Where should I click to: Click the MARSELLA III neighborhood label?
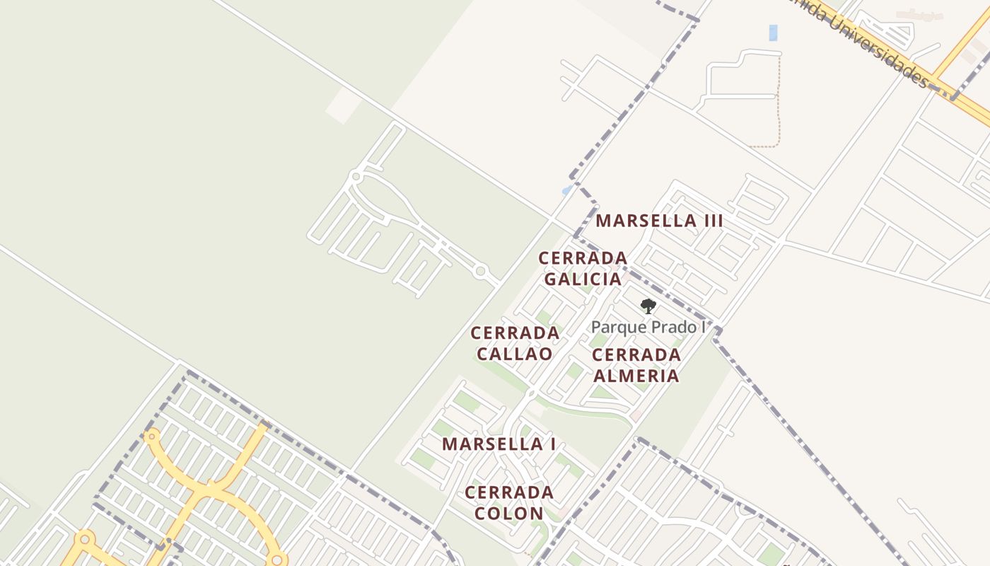click(659, 221)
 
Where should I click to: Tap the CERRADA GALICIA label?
click(583, 268)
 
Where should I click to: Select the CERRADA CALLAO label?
click(515, 342)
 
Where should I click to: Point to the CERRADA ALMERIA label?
click(636, 364)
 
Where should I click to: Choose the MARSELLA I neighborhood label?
click(499, 444)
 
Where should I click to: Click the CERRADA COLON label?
click(509, 502)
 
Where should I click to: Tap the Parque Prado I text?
click(648, 327)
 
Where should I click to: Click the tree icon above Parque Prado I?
click(648, 306)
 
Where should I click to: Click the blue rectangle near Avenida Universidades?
click(773, 33)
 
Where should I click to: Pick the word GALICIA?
click(583, 279)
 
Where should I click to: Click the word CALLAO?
click(515, 353)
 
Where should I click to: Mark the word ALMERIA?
click(636, 375)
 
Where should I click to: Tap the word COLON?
click(509, 513)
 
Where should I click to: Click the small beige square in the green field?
click(344, 105)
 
